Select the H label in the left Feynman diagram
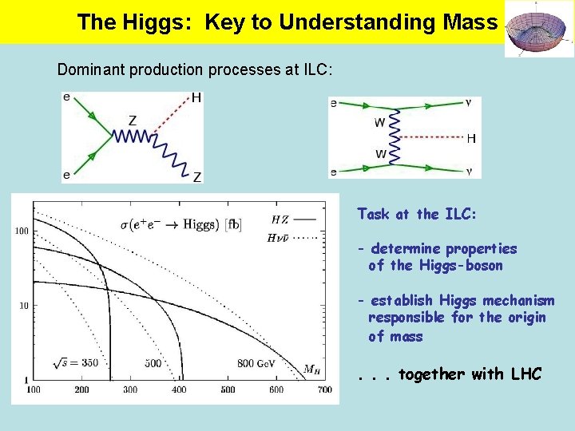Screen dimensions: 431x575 tap(196, 98)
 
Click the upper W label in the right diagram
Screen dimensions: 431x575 tap(379, 123)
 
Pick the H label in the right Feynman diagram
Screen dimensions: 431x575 tap(470, 138)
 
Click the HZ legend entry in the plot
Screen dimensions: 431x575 tap(280, 219)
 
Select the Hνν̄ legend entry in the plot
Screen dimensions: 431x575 tap(279, 236)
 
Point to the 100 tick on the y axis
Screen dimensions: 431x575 tap(22, 231)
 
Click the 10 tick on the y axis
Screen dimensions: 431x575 tap(24, 305)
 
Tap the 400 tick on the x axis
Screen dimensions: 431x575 tap(179, 389)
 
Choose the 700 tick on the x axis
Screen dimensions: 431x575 tap(324, 389)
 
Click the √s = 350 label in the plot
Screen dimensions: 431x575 tap(75, 363)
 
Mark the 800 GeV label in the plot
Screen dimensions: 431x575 tap(258, 364)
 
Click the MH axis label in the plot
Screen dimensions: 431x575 tap(312, 369)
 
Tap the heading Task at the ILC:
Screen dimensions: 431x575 tap(417, 214)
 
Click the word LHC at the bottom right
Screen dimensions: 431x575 tap(523, 374)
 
